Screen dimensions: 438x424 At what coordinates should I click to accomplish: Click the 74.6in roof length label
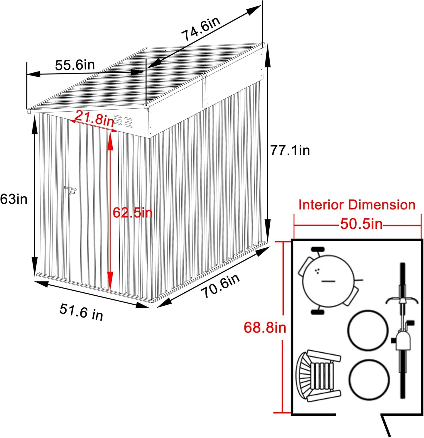pyautogui.click(x=201, y=29)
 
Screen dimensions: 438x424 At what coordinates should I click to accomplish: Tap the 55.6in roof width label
pyautogui.click(x=75, y=65)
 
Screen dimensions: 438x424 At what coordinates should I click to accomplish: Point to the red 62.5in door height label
pyautogui.click(x=133, y=212)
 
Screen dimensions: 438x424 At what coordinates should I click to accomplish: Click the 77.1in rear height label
pyautogui.click(x=290, y=150)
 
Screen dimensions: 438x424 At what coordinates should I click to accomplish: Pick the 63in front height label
pyautogui.click(x=14, y=199)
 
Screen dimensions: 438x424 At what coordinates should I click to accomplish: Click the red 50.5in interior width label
pyautogui.click(x=362, y=224)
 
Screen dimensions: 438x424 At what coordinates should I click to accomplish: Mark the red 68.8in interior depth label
pyautogui.click(x=265, y=327)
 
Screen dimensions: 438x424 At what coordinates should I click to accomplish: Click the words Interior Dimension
pyautogui.click(x=357, y=205)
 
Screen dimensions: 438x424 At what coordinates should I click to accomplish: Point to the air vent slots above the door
pyautogui.click(x=123, y=120)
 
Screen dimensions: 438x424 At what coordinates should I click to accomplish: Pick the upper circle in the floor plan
pyautogui.click(x=368, y=330)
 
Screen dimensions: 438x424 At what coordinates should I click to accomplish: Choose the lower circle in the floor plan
pyautogui.click(x=369, y=379)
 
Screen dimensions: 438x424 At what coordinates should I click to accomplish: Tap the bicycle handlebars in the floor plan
pyautogui.click(x=402, y=300)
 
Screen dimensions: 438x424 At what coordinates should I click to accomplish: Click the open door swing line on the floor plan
pyautogui.click(x=387, y=425)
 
